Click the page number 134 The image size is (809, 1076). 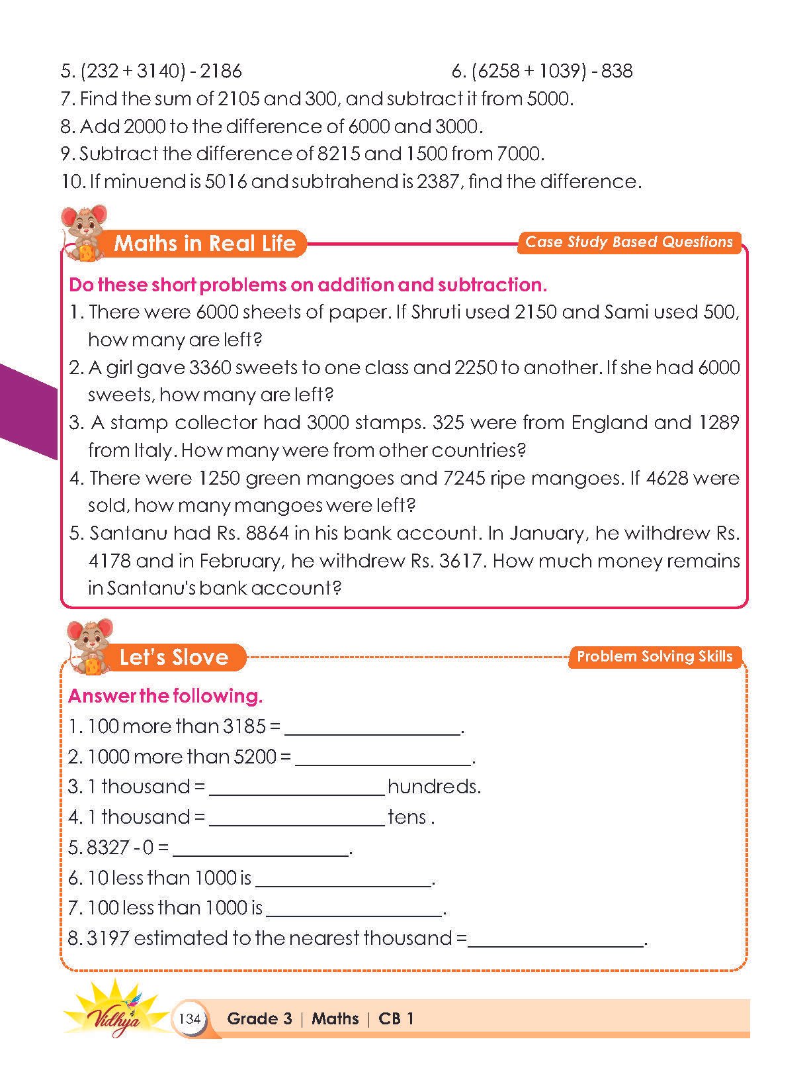coord(190,1018)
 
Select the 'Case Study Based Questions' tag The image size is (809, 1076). coord(628,242)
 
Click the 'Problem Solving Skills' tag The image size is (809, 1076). coord(654,657)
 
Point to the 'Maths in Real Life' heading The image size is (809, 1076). coord(204,244)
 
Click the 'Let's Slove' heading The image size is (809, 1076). coord(173,658)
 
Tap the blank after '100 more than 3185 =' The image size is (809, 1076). coord(372,728)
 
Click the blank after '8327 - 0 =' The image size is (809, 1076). coord(261,850)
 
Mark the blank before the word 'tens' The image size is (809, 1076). coord(296,819)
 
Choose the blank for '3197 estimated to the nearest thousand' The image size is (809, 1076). coord(556,940)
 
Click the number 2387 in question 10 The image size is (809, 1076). coord(437,181)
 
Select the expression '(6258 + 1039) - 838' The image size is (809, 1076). coord(542,71)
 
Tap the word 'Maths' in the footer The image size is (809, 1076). coord(335,1018)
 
